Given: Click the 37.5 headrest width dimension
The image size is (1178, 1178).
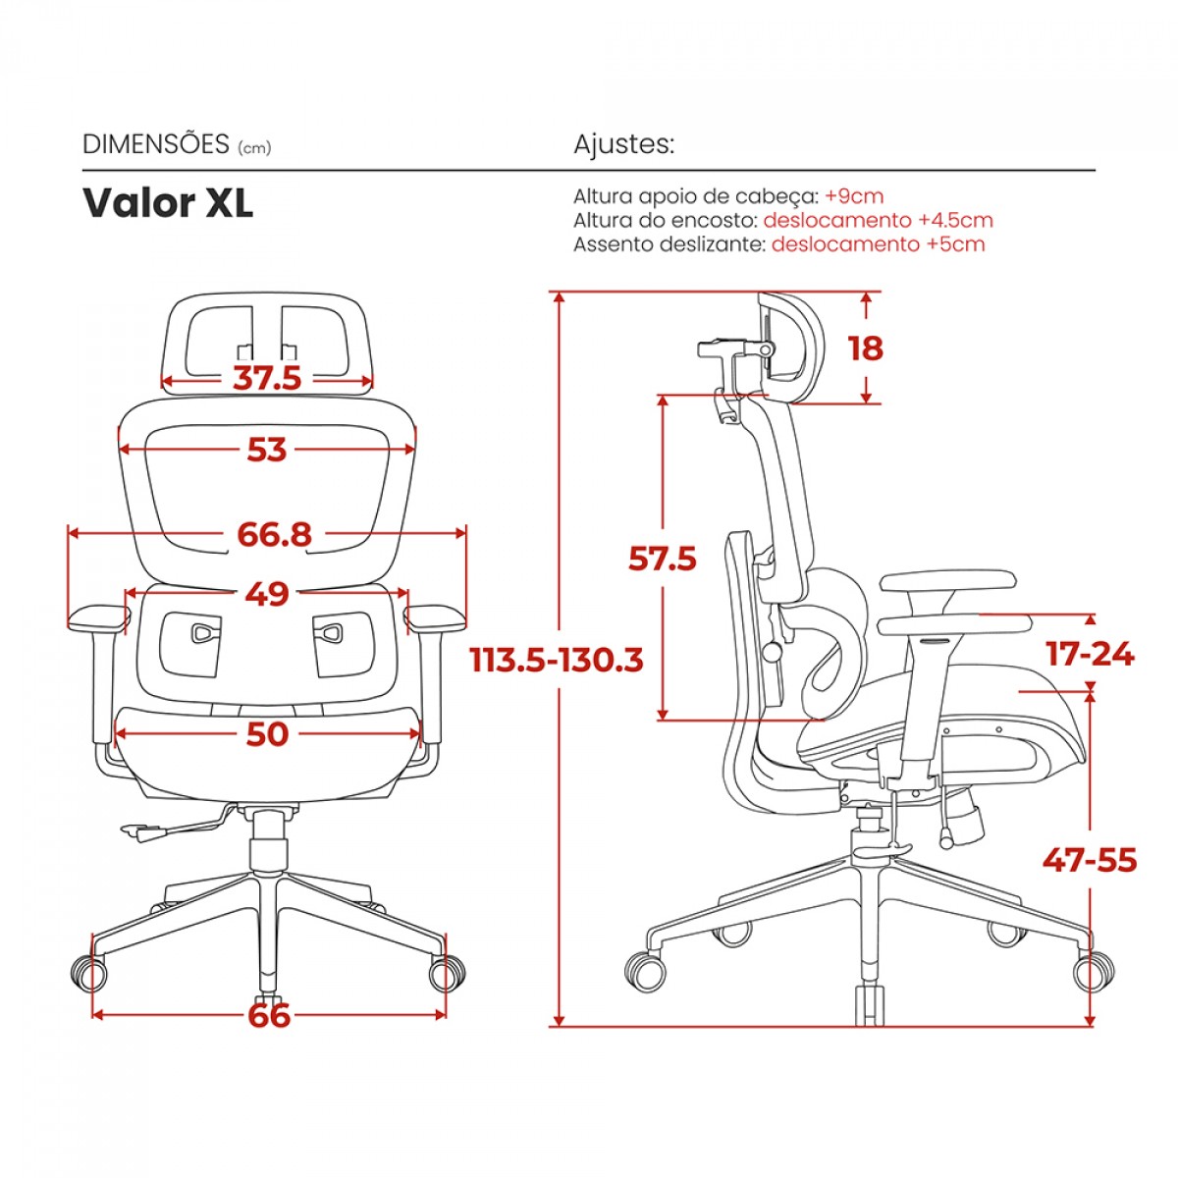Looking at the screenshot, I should (267, 378).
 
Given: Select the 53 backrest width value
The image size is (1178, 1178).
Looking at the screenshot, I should (267, 450).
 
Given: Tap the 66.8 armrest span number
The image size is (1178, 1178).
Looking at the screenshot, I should (274, 534).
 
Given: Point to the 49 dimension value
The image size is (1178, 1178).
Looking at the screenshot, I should (267, 594).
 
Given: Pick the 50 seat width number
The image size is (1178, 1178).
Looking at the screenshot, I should (267, 733).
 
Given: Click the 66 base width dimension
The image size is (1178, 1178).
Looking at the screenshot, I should (269, 1014).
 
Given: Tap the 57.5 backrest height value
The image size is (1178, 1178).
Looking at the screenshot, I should (663, 559).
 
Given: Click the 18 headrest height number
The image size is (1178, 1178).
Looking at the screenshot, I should (865, 348).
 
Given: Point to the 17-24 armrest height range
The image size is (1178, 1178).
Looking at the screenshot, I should (1090, 654).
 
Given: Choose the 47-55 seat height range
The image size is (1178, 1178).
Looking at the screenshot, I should (1090, 860).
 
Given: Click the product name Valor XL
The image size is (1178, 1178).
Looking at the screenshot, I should (168, 203).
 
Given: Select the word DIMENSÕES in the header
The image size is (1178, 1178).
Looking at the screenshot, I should (155, 144).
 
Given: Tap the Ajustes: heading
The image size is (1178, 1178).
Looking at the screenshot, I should (623, 144).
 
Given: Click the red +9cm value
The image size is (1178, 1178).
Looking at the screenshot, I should (854, 196).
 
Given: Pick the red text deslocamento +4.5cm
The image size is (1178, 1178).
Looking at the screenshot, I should (878, 220).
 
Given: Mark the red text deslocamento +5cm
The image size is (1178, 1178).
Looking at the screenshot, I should (878, 244).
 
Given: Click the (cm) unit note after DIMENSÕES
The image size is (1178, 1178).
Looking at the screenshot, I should (253, 147).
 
